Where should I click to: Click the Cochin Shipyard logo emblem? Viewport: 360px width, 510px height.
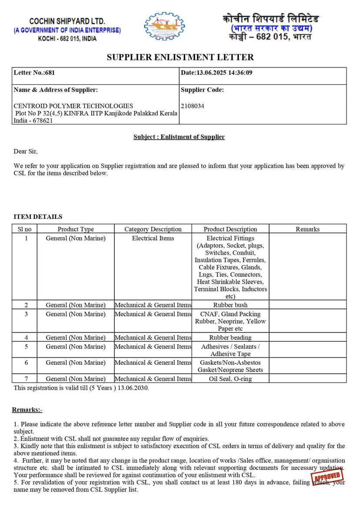(x=164, y=27)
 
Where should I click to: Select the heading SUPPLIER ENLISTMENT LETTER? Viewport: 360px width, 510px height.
(x=180, y=57)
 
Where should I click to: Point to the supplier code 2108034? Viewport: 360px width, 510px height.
(x=192, y=106)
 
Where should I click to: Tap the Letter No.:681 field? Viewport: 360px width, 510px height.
(x=34, y=73)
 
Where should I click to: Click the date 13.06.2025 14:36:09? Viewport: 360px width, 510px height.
(x=217, y=73)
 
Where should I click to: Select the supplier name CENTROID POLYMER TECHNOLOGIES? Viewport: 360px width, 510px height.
(x=73, y=106)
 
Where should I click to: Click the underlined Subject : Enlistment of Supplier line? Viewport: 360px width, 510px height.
(x=179, y=137)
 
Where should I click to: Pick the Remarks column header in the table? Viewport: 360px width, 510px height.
(x=307, y=229)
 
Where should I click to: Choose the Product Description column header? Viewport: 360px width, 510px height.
(x=230, y=229)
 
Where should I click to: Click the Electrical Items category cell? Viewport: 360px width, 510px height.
(x=153, y=238)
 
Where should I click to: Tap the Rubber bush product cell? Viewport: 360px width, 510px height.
(x=230, y=305)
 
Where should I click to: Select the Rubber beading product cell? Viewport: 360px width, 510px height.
(x=230, y=337)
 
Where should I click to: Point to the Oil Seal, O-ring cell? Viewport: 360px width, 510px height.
(x=230, y=379)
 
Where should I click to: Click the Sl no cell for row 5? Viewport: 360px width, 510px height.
(x=26, y=346)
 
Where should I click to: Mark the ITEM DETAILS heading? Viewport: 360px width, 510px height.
(x=38, y=217)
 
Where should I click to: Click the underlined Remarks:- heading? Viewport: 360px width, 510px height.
(x=27, y=409)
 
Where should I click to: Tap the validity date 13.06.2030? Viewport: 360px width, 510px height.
(x=133, y=388)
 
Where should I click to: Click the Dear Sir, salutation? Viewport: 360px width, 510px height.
(x=26, y=151)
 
